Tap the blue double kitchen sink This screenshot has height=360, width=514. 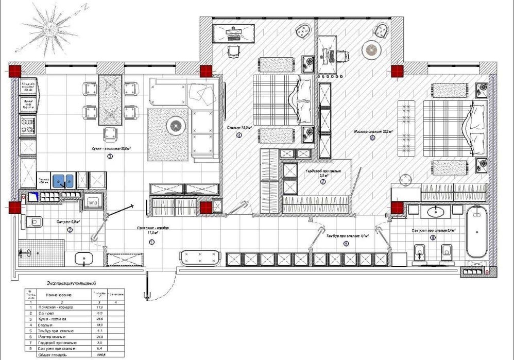coord(65,180)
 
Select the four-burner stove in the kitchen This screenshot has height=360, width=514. coord(27,125)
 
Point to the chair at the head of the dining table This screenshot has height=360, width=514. coord(109,134)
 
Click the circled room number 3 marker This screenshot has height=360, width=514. coord(110,157)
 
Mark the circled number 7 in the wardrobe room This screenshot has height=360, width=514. coord(322,182)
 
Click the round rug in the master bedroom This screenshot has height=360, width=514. coord(371,50)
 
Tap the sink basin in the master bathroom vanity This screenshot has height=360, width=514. coord(436,211)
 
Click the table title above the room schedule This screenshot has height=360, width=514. coord(72,284)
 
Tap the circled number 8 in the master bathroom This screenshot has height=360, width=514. coord(432,238)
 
